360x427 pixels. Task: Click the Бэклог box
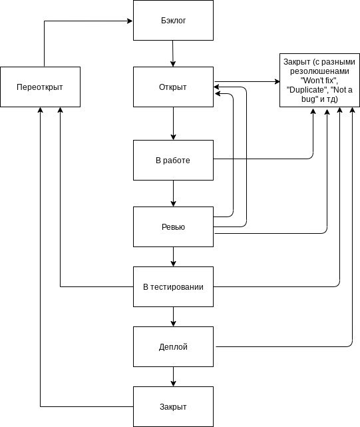tap(173, 21)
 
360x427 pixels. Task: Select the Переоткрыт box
tap(41, 87)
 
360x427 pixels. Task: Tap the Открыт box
tap(173, 87)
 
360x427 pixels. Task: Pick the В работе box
tap(173, 160)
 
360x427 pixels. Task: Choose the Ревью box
tap(173, 227)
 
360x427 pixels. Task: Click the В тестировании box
tap(173, 286)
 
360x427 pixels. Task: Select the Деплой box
tap(173, 346)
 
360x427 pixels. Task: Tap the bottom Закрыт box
tap(173, 406)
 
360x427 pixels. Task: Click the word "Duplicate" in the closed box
tap(307, 90)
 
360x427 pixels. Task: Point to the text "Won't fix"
tap(319, 81)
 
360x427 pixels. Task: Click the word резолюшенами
tap(319, 71)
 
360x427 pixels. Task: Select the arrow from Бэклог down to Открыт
tap(173, 54)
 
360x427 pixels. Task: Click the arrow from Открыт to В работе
tap(173, 124)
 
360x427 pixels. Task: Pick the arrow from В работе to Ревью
tap(173, 194)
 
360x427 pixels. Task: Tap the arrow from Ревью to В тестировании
tap(173, 256)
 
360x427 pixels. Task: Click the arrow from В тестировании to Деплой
tap(173, 316)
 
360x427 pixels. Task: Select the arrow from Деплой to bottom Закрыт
tap(173, 376)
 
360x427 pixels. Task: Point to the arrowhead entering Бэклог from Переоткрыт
tap(130, 21)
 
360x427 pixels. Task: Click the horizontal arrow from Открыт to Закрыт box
tap(247, 81)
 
